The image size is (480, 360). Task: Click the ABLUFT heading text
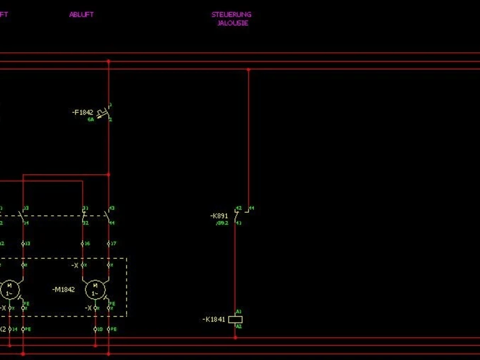click(81, 14)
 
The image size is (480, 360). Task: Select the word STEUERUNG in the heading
click(231, 14)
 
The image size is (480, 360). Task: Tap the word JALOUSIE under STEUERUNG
click(232, 23)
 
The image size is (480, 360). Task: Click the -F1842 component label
click(83, 112)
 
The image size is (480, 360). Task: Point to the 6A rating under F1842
click(91, 119)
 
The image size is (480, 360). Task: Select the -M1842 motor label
click(63, 289)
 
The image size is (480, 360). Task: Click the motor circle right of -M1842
click(95, 290)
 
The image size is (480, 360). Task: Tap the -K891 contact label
click(219, 216)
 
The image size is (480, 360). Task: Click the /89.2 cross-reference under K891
click(222, 223)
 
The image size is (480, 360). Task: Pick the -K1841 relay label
click(214, 319)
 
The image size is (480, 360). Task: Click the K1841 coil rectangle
click(235, 319)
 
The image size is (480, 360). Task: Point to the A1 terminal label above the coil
click(239, 312)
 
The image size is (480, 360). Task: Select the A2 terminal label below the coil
click(239, 326)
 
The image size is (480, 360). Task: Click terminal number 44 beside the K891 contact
click(252, 208)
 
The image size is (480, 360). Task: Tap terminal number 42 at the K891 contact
click(237, 209)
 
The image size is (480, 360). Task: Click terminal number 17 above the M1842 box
click(114, 244)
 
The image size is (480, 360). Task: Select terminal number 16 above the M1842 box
click(88, 244)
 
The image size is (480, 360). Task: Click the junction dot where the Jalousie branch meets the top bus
click(248, 70)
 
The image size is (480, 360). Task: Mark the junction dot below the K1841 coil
click(235, 337)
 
